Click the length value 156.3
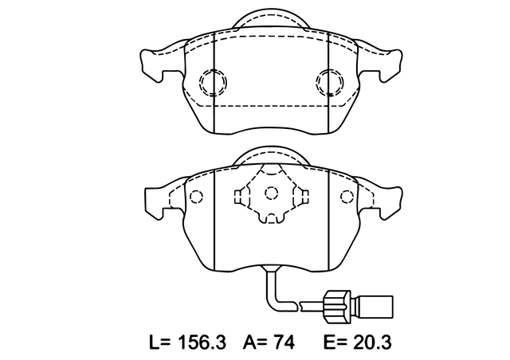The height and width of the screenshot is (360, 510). pyautogui.click(x=202, y=342)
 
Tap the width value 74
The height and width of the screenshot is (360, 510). pyautogui.click(x=284, y=342)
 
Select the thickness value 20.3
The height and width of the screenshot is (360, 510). pyautogui.click(x=372, y=342)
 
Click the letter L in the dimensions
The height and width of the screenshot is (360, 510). pyautogui.click(x=155, y=342)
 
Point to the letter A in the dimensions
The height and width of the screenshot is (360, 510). pyautogui.click(x=249, y=342)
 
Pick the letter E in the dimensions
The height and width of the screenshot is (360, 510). pyautogui.click(x=329, y=342)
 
